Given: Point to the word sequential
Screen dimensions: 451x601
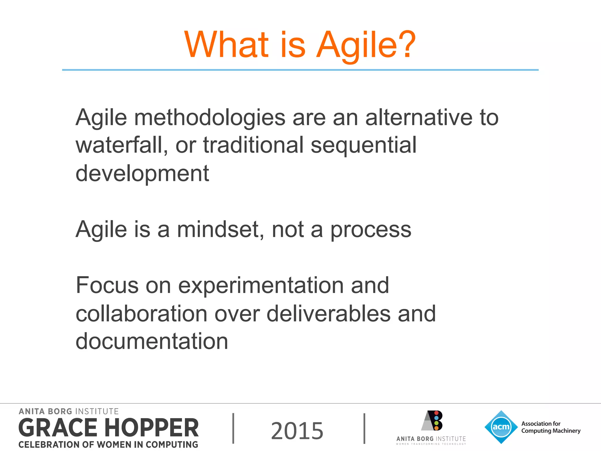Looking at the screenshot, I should pyautogui.click(x=363, y=146).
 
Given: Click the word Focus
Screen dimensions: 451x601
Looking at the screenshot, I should pyautogui.click(x=107, y=285).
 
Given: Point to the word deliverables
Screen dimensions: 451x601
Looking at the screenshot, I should pyautogui.click(x=328, y=314).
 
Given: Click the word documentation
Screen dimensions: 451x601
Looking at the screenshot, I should pyautogui.click(x=152, y=341).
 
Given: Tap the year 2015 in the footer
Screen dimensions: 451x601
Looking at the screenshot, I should pyautogui.click(x=297, y=430).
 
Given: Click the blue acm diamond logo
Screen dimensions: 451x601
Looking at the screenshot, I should pyautogui.click(x=501, y=427).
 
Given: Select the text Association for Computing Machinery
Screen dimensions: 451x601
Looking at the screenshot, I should pyautogui.click(x=551, y=427).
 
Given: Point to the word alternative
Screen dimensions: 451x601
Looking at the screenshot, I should pyautogui.click(x=419, y=117).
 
